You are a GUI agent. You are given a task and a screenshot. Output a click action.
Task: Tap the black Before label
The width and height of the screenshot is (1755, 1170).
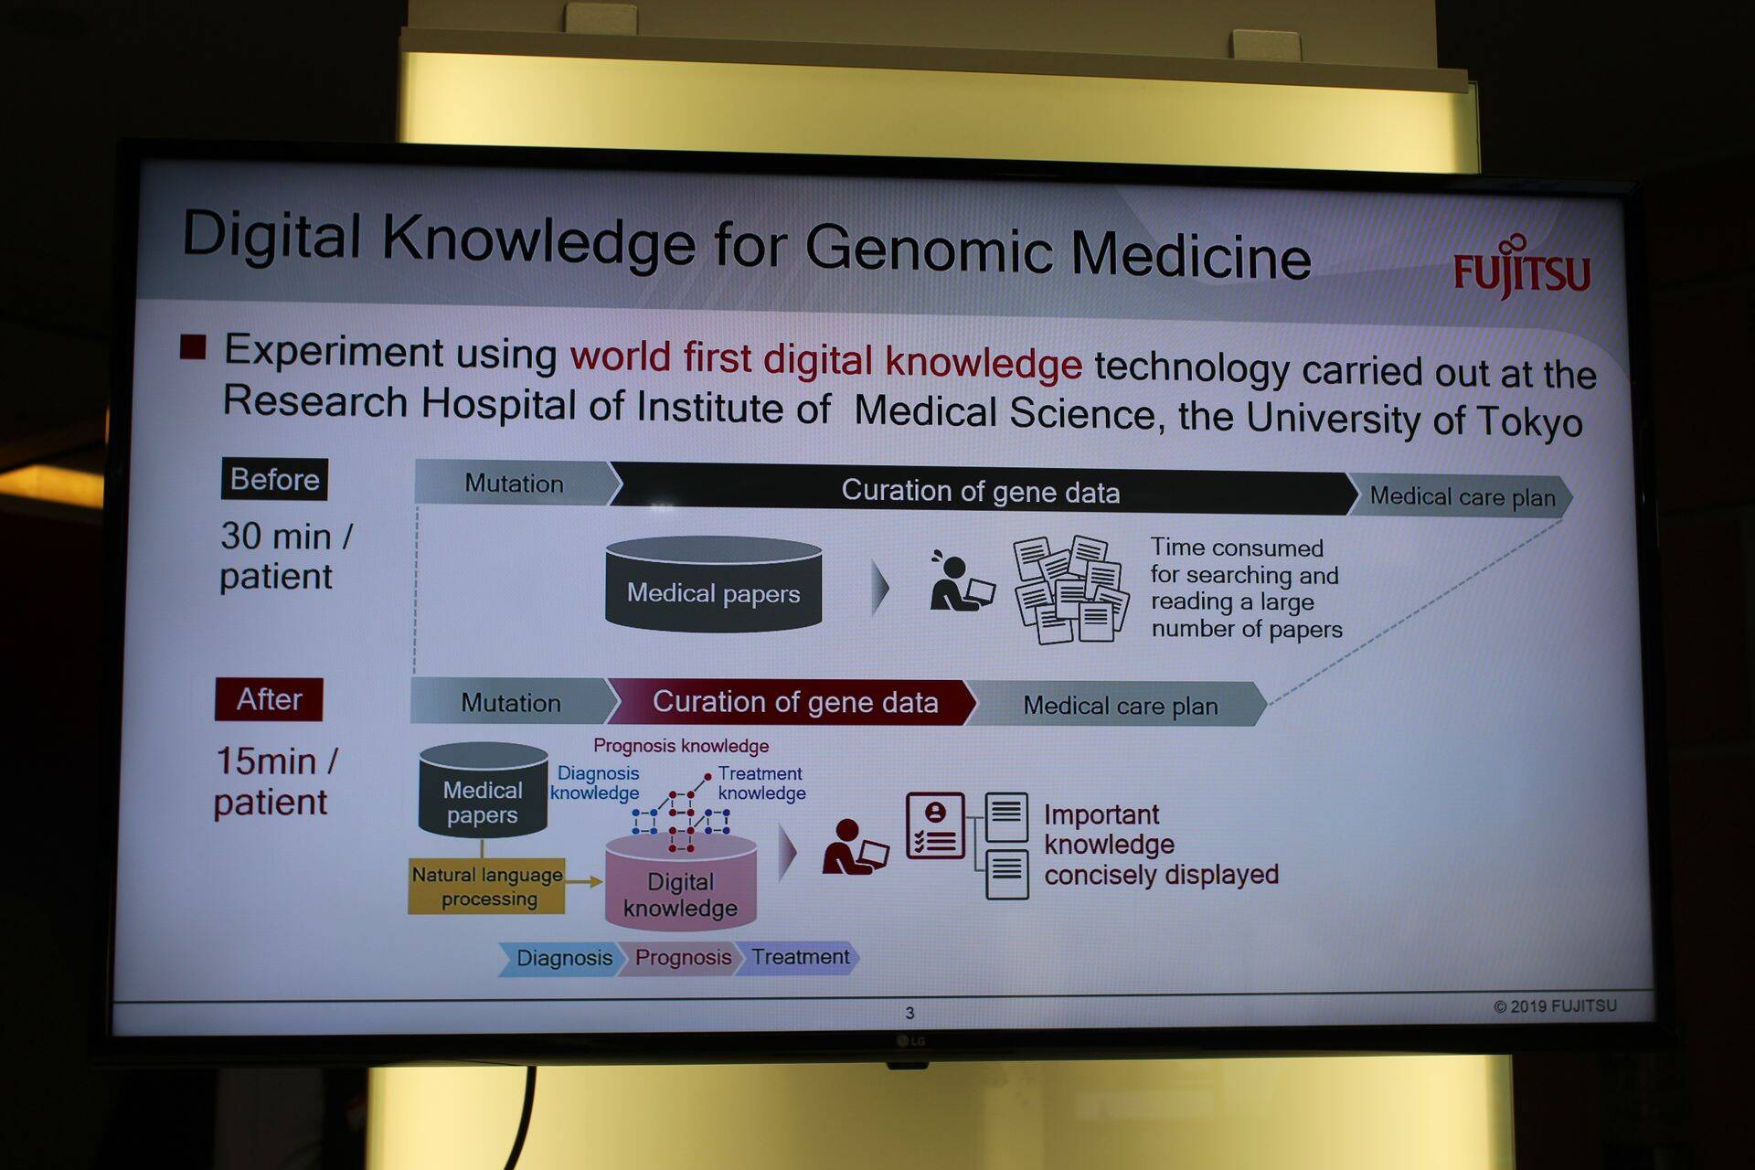pos(274,479)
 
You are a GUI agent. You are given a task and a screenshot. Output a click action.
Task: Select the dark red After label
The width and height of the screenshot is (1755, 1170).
pos(269,699)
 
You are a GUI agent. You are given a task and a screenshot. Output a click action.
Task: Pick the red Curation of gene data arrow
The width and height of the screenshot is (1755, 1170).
pos(792,702)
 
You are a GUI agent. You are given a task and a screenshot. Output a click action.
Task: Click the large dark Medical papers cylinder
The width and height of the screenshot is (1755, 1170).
pos(714,584)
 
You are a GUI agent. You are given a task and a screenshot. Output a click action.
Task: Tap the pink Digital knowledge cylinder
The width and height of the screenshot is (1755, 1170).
pos(681,883)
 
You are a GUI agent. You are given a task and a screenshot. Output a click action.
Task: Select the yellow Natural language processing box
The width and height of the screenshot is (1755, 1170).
pos(486,886)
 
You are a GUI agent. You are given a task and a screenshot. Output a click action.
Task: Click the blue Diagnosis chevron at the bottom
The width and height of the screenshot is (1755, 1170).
pos(561,958)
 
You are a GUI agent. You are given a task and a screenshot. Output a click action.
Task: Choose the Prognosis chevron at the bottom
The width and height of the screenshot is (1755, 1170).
pos(681,958)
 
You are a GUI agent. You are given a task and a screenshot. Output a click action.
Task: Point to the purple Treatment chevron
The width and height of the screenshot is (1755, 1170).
pos(797,957)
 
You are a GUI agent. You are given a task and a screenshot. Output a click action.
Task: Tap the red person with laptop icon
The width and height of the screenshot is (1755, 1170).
pos(854,847)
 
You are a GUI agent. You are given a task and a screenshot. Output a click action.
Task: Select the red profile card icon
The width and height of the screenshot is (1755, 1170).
pos(935,825)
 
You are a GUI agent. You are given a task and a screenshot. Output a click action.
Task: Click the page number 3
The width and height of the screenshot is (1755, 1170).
pos(909,1013)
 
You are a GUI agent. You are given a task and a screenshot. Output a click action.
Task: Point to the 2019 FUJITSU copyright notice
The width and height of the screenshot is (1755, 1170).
pos(1555,1006)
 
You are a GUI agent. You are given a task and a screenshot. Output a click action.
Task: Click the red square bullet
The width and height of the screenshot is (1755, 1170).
pos(193,346)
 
